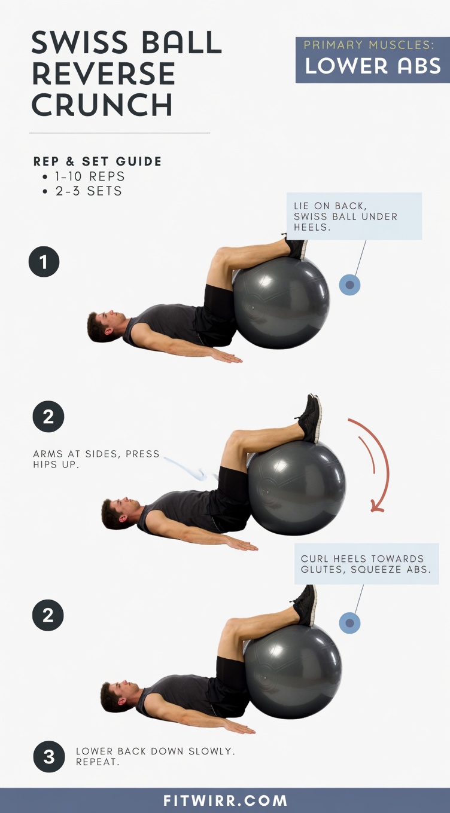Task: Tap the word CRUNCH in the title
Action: pos(102,105)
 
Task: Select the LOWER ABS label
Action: pos(373,66)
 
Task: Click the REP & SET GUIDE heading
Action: pos(98,161)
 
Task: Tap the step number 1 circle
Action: pos(44,262)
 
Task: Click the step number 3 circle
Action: pos(48,757)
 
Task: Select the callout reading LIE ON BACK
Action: pos(354,216)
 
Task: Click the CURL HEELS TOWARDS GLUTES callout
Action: pos(366,564)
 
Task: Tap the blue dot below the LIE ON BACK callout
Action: pos(349,285)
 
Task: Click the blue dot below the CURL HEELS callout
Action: pos(349,623)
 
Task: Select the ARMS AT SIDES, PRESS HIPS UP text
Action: pos(96,459)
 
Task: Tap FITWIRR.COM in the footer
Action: pos(225,801)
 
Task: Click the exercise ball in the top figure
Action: pos(281,302)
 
